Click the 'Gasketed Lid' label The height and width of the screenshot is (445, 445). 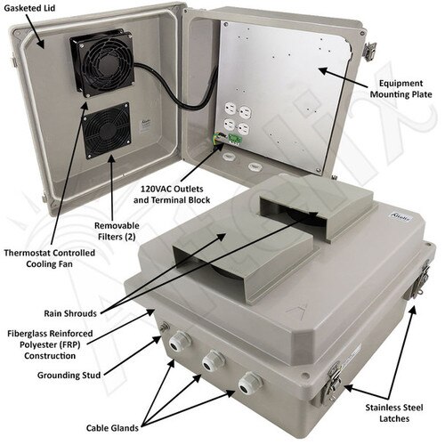(x=29, y=8)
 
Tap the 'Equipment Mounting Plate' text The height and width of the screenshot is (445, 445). (x=400, y=89)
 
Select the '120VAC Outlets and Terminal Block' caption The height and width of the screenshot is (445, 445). (x=172, y=194)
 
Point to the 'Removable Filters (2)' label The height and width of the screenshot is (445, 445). (x=117, y=231)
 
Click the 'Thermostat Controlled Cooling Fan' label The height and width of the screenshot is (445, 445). (x=50, y=258)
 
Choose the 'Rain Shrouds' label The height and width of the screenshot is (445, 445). (x=70, y=313)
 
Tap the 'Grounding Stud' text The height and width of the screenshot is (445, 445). (x=69, y=375)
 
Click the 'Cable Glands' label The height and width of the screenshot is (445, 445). (x=112, y=428)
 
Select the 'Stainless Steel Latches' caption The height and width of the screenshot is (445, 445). (x=394, y=413)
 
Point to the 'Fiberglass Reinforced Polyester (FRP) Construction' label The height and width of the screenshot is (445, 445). (x=50, y=344)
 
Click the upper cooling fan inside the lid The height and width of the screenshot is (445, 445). (x=102, y=62)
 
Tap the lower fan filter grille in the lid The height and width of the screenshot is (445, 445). (x=107, y=131)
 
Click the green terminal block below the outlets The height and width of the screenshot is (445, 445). (x=235, y=139)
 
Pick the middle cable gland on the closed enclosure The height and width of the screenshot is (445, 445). (x=213, y=360)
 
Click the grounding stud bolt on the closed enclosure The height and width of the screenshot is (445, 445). (x=164, y=327)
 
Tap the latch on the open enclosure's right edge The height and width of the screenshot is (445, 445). (x=369, y=51)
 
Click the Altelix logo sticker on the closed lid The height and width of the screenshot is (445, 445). (x=400, y=217)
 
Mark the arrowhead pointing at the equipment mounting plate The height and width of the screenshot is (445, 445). (x=322, y=70)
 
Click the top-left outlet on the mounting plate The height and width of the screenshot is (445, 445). (x=231, y=109)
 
